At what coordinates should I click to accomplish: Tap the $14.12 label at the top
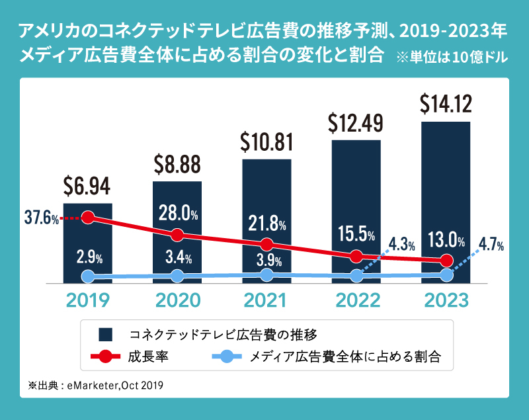click(x=446, y=104)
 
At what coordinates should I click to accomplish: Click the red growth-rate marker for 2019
click(x=88, y=218)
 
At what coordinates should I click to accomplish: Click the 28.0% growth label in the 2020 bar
click(x=178, y=213)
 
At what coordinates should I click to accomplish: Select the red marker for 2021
click(x=266, y=245)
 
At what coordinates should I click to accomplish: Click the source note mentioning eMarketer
click(x=96, y=384)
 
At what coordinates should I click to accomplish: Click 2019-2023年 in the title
click(x=454, y=30)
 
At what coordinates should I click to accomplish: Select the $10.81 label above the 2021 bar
click(x=267, y=141)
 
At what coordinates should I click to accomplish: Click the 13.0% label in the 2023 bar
click(x=446, y=237)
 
